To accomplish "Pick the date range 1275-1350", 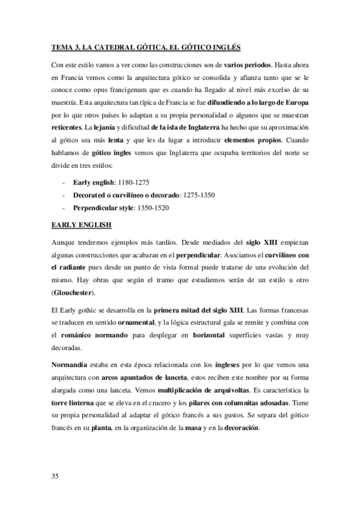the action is (x=199, y=195).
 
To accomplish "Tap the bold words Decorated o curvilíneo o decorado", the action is (x=126, y=195).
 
